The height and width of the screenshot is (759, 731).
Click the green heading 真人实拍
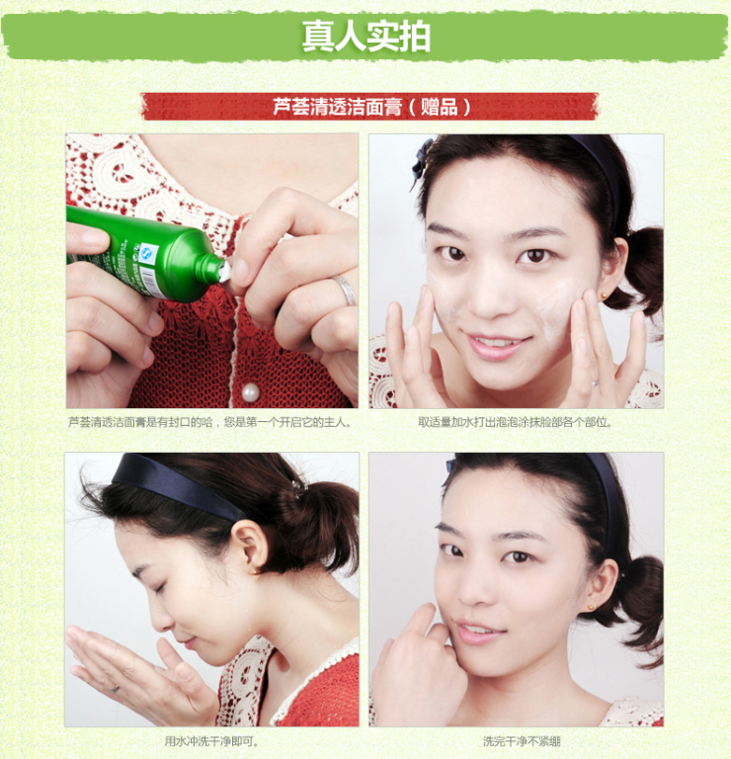point(365,37)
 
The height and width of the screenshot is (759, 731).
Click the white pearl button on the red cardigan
point(250,393)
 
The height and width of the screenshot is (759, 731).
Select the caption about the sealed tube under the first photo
point(210,422)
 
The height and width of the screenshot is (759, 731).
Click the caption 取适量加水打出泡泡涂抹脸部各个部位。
point(516,422)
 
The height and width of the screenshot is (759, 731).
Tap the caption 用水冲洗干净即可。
point(211,741)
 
